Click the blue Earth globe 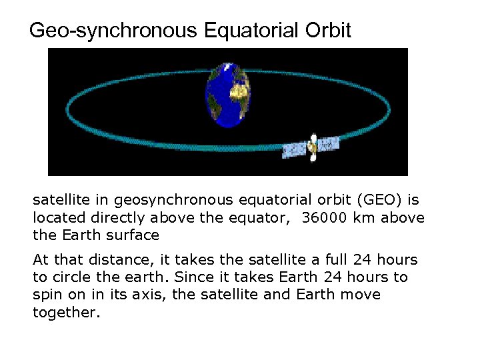click(227, 94)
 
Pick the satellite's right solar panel click(328, 143)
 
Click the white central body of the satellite click(312, 146)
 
